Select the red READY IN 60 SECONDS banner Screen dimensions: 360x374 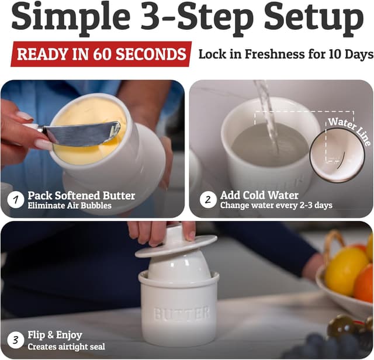[101, 54]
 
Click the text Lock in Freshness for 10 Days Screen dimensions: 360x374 [285, 54]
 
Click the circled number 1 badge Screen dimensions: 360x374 [15, 200]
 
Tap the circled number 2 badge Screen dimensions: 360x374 [207, 200]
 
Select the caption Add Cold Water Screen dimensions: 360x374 [259, 195]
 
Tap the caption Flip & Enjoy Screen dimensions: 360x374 [55, 335]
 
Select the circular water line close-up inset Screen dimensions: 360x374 [337, 153]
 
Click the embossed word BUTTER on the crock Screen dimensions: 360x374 [181, 313]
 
